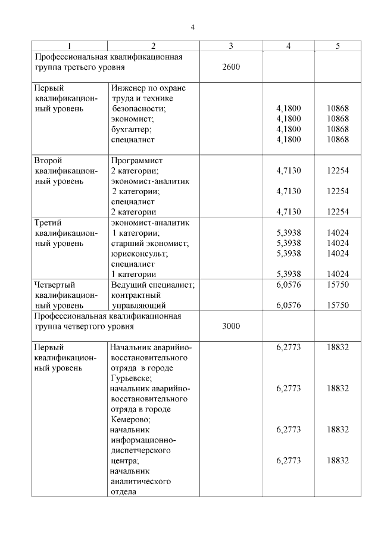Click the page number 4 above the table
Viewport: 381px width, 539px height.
tap(192, 27)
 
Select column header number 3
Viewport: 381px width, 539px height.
tap(230, 46)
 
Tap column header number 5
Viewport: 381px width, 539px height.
tap(338, 46)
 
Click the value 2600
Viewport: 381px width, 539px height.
tap(230, 67)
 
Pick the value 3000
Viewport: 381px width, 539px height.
tap(230, 326)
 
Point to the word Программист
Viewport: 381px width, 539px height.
tap(137, 161)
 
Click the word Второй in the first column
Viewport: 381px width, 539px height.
tap(48, 161)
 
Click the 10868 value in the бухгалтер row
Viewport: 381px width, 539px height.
tap(338, 129)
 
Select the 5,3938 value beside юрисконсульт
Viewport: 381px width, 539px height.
tap(289, 253)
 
